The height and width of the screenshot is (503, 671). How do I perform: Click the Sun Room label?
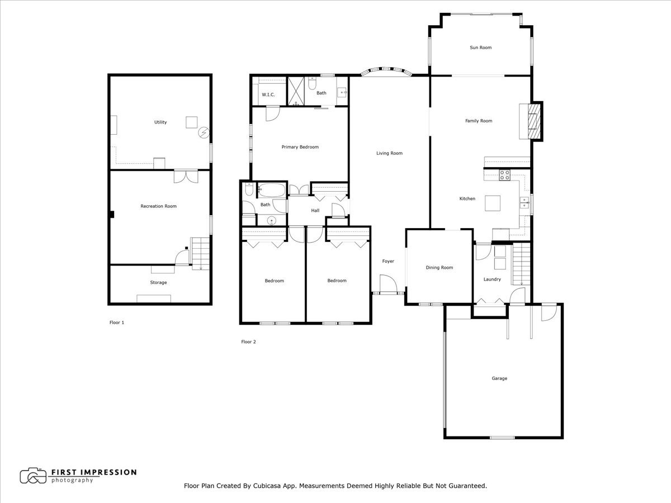tap(480, 48)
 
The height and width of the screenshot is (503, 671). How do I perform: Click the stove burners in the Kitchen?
tap(504, 174)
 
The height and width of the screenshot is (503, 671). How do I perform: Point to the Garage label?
tap(499, 378)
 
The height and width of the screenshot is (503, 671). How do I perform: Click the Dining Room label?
tap(439, 268)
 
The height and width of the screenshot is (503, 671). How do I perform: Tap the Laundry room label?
tap(493, 279)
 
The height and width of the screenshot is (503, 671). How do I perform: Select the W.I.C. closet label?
tap(268, 94)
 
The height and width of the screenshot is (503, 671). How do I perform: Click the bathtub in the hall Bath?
tap(272, 190)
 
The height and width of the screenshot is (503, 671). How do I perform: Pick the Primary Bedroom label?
tap(300, 147)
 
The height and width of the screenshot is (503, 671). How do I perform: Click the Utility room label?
tap(160, 122)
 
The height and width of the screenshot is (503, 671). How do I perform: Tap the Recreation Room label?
tap(158, 206)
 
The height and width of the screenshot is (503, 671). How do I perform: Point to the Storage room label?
tap(158, 282)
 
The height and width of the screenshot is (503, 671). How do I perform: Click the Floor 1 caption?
tap(116, 322)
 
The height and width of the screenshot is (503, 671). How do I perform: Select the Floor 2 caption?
tap(248, 341)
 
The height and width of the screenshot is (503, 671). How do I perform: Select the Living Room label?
tap(389, 153)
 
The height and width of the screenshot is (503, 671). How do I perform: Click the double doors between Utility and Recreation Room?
tap(185, 175)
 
